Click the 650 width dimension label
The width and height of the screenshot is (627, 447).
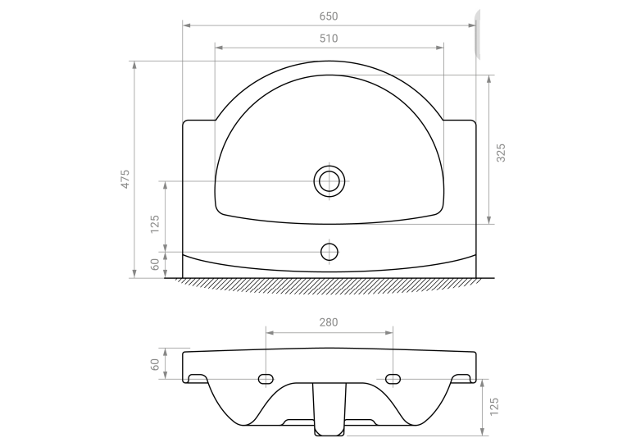tap(329, 16)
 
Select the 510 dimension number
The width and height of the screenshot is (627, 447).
tap(329, 39)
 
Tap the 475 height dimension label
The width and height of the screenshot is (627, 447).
tap(125, 179)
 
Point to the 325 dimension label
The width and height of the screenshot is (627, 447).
tap(501, 153)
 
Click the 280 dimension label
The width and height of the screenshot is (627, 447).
tap(329, 322)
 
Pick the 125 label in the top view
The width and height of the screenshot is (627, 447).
tap(154, 224)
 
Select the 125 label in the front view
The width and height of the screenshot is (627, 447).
tap(494, 407)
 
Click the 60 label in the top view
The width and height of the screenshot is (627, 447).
tap(154, 265)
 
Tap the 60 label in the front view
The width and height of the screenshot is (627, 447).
tap(154, 364)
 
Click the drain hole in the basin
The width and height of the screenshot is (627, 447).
tap(329, 181)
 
